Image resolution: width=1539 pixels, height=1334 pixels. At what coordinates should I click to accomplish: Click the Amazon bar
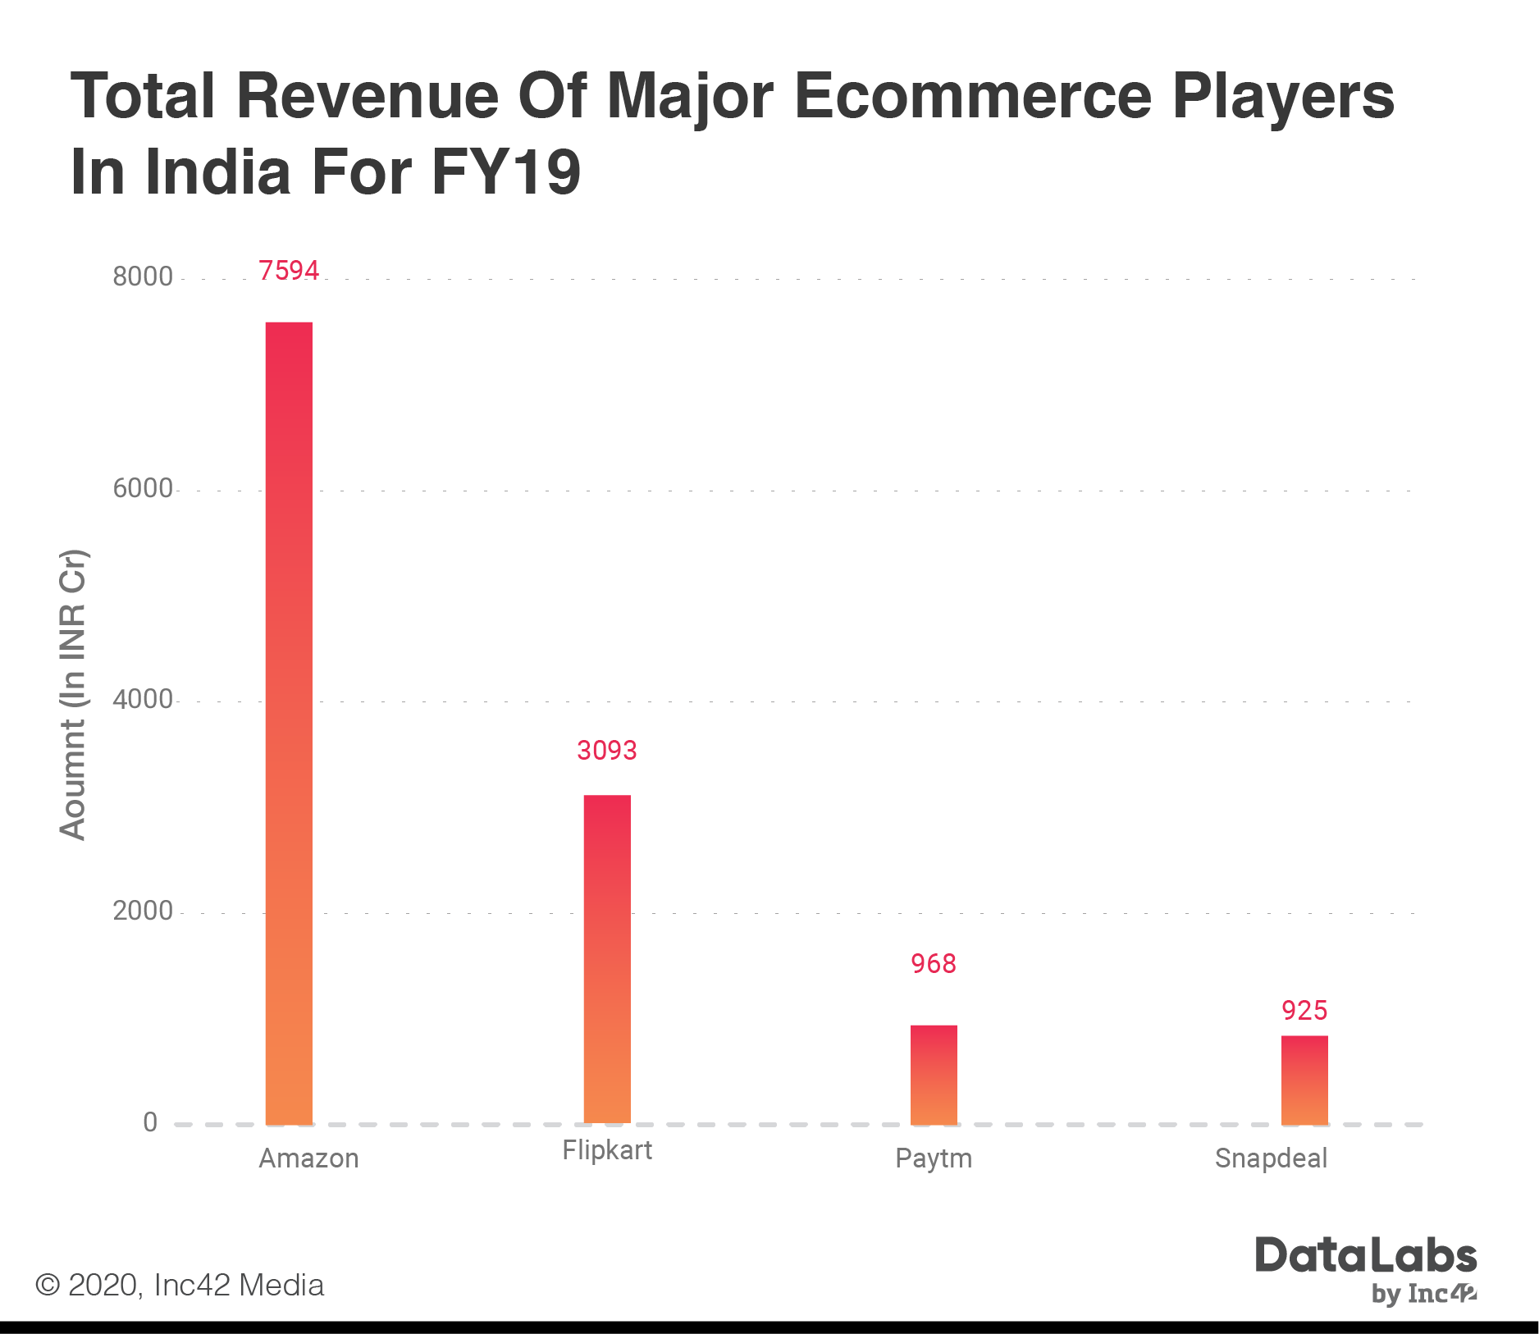pos(289,722)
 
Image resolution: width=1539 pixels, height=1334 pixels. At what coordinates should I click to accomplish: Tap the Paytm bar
pos(934,1074)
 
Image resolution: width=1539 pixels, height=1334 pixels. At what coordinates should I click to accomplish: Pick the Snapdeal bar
pos(1304,1080)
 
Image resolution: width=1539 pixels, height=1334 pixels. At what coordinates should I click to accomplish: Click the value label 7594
pos(289,270)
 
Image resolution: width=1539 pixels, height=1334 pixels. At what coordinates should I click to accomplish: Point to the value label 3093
pos(607,750)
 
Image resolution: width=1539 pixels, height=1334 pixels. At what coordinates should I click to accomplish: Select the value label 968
pos(934,963)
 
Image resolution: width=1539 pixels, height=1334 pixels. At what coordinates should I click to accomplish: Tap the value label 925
pos(1304,1010)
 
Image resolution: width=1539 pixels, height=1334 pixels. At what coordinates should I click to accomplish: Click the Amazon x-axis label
pos(308,1158)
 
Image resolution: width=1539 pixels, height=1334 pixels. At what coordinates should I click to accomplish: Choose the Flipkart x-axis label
pos(607,1150)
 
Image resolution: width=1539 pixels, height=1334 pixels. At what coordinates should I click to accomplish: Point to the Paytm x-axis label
pos(934,1158)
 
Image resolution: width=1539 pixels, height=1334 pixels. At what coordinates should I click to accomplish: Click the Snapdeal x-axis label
pos(1271,1158)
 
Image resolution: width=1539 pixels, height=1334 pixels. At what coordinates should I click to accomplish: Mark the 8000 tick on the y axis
pos(143,276)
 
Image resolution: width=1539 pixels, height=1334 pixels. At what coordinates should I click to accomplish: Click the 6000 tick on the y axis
pos(143,488)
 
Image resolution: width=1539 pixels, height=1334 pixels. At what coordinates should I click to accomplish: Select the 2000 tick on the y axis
pos(143,911)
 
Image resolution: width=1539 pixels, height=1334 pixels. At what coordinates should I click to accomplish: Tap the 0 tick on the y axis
pos(150,1122)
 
